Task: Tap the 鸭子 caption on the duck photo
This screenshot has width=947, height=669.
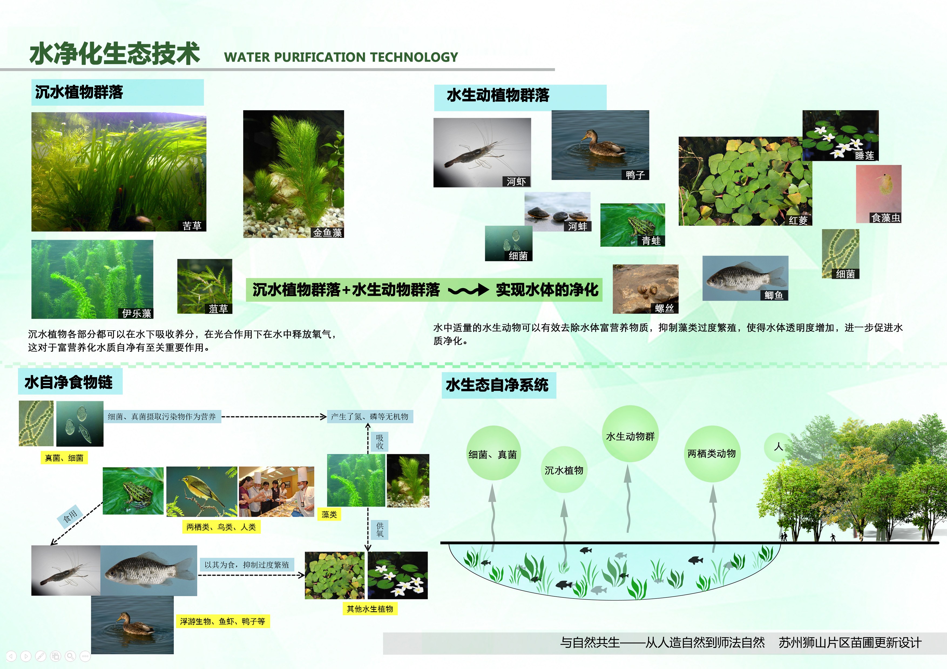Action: (635, 175)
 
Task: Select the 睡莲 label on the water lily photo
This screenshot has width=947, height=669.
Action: (864, 156)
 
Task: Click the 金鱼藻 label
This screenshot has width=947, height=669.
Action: (327, 233)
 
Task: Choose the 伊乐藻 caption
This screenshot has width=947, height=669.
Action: (137, 313)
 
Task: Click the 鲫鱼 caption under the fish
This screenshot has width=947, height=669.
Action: (774, 295)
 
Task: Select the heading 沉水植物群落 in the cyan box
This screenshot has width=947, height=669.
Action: (79, 92)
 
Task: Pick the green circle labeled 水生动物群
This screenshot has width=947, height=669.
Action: (630, 434)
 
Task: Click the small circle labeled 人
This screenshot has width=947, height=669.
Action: (778, 447)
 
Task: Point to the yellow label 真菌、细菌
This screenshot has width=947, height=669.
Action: (64, 458)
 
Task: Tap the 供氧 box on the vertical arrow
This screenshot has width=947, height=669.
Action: (380, 530)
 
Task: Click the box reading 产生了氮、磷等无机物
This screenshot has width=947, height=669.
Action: (370, 417)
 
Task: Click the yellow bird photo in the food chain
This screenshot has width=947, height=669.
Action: (202, 492)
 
